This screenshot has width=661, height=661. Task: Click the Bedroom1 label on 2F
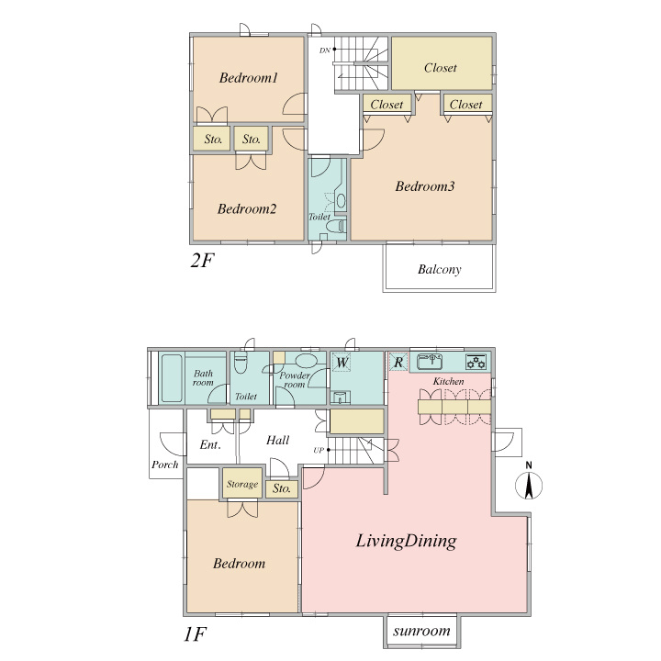[248, 78]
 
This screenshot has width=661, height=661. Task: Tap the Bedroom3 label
[425, 186]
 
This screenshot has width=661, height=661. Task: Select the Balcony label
[439, 269]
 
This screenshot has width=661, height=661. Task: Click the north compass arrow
[529, 486]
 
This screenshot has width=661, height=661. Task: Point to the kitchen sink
[429, 362]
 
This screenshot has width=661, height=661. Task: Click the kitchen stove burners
[476, 362]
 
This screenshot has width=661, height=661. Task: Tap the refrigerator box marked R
[398, 362]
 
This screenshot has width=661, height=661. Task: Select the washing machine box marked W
[342, 362]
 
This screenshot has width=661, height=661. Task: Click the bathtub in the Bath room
[172, 378]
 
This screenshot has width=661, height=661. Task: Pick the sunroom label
[421, 631]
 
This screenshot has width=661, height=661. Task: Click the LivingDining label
[406, 541]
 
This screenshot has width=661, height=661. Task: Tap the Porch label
[165, 465]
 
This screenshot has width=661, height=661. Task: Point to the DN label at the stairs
[324, 50]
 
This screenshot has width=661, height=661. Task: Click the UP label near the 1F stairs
[319, 450]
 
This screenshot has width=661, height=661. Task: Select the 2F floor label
[202, 261]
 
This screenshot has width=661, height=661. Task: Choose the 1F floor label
[195, 633]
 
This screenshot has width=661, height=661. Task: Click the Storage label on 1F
[242, 485]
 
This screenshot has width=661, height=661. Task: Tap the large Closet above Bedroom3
[442, 63]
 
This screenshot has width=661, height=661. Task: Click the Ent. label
[210, 444]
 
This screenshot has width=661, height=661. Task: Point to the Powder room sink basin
[305, 361]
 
